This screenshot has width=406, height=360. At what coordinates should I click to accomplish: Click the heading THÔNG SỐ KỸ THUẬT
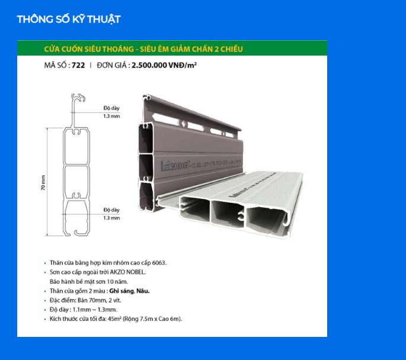68,20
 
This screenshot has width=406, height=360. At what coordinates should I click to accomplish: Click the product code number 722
78,66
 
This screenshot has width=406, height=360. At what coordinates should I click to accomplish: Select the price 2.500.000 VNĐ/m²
164,66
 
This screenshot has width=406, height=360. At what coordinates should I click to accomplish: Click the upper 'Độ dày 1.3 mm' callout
111,112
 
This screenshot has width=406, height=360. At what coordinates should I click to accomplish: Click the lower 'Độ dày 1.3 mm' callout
111,213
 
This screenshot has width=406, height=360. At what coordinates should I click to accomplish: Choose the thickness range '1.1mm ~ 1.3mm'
97,310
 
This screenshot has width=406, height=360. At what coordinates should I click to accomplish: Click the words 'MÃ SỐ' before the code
56,66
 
